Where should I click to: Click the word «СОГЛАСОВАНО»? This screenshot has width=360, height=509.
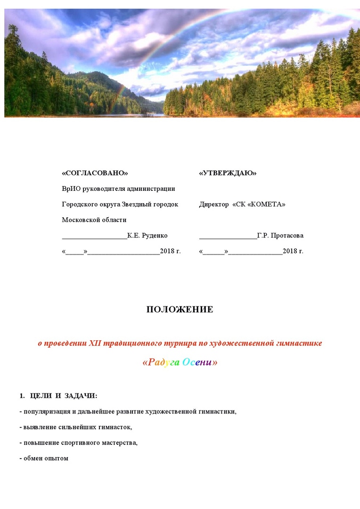(x=95, y=173)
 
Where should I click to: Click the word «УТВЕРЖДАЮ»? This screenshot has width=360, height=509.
(x=228, y=173)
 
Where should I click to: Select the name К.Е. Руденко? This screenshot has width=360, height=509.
(x=147, y=235)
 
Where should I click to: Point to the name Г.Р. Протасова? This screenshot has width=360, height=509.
(x=280, y=235)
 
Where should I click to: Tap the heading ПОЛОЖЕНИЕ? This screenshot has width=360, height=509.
(x=180, y=310)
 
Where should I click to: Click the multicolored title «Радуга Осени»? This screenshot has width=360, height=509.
(x=180, y=362)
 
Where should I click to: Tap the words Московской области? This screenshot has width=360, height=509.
(x=94, y=220)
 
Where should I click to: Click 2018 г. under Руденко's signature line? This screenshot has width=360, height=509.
(x=170, y=251)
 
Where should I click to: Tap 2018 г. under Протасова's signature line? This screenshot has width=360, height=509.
(x=293, y=251)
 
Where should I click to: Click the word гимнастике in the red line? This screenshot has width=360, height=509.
(x=299, y=343)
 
